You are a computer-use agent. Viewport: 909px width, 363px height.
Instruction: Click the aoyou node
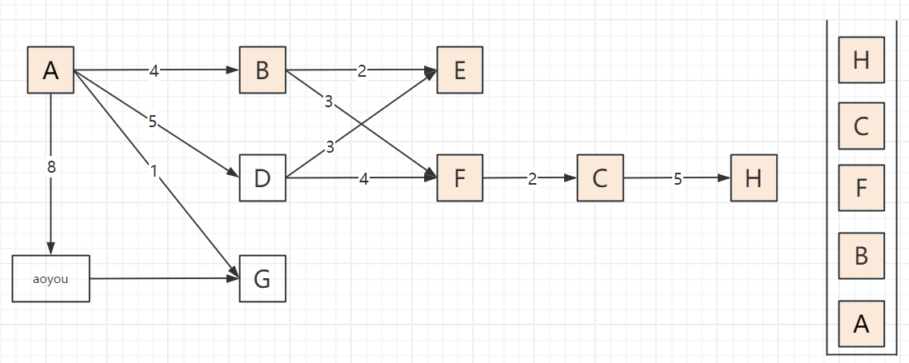pos(51,278)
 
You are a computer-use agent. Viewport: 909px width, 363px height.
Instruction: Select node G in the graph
pos(262,279)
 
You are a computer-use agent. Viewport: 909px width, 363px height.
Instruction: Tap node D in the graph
pos(262,178)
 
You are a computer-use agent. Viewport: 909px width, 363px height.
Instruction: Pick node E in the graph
pos(459,70)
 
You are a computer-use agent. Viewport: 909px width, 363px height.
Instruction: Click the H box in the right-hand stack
pos(861,60)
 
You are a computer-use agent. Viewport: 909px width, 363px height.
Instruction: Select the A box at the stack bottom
pos(861,324)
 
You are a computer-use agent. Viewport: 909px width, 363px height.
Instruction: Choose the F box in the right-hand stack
pos(861,189)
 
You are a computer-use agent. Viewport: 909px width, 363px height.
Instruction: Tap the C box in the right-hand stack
pos(861,126)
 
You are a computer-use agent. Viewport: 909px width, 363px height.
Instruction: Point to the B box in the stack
pos(861,257)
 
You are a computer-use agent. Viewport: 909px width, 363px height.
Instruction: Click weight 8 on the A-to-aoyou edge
pos(51,168)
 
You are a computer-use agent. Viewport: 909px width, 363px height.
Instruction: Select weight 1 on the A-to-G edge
pos(154,170)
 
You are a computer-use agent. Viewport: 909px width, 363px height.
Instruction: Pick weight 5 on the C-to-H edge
pos(677,179)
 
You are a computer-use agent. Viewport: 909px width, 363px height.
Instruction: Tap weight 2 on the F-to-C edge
pos(532,179)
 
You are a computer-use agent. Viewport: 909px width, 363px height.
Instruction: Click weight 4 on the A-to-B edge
pos(154,71)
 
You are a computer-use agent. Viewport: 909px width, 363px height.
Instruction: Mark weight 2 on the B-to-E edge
pos(362,71)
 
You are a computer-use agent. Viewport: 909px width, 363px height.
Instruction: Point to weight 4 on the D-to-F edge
pos(363,179)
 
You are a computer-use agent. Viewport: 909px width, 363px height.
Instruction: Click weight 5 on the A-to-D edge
pos(152,122)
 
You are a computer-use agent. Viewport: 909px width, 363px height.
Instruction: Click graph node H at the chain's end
pos(753,178)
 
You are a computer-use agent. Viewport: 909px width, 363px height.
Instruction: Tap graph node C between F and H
pos(600,178)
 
